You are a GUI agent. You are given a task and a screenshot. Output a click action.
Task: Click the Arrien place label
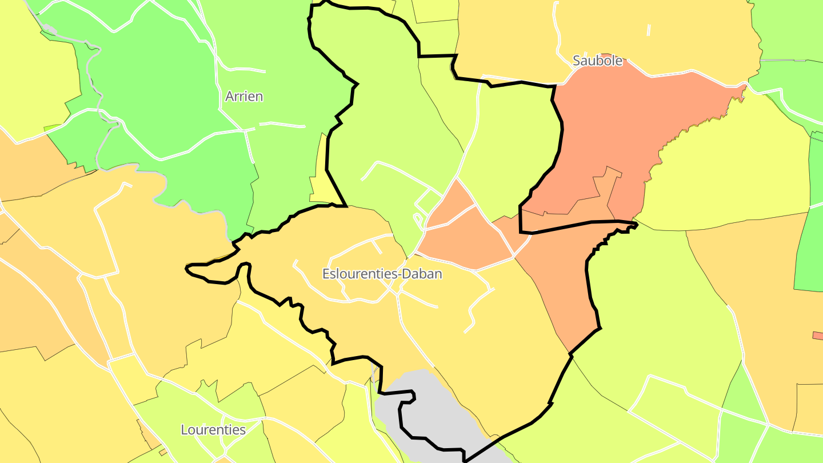pyautogui.click(x=244, y=96)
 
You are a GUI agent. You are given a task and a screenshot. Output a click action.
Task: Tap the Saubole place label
pyautogui.click(x=597, y=61)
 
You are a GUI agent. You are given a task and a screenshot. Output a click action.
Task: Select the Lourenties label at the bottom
pyautogui.click(x=213, y=430)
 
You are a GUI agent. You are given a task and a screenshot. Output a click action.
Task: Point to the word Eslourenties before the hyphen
pyautogui.click(x=360, y=274)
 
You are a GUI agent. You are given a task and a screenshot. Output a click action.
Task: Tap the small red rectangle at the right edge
pyautogui.click(x=818, y=335)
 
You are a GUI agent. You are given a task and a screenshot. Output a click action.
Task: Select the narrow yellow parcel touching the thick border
pyautogui.click(x=321, y=177)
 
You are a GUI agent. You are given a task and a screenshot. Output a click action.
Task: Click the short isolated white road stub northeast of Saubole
pyautogui.click(x=649, y=30)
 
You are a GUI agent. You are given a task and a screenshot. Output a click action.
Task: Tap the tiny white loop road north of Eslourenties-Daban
pyautogui.click(x=418, y=219)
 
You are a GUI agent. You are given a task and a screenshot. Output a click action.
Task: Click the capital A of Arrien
pyautogui.click(x=230, y=96)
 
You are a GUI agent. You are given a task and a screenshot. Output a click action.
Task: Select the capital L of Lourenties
pyautogui.click(x=185, y=430)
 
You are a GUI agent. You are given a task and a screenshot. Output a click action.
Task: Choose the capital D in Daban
pyautogui.click(x=406, y=274)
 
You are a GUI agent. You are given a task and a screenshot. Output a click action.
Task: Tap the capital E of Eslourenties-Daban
pyautogui.click(x=326, y=274)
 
